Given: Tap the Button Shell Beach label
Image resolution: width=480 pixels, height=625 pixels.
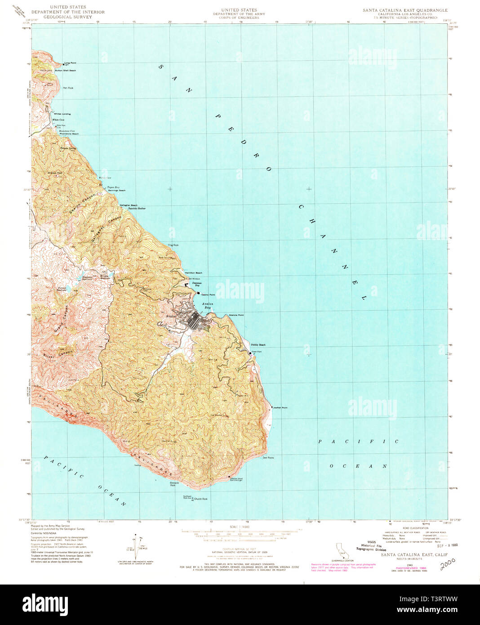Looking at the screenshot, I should coord(66,71).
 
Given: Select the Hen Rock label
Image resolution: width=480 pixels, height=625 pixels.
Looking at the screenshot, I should coord(68,88).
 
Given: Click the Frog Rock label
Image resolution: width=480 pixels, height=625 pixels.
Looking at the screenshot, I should coord(173,245).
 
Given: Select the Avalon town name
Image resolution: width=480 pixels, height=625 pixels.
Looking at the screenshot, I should coord(171,317).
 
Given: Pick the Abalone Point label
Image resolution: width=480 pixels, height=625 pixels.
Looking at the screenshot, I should coord(236,315).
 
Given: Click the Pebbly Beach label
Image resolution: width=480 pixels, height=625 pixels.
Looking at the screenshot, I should coord(258,345).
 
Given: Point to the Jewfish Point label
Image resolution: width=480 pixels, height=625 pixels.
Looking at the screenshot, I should coord(280,408).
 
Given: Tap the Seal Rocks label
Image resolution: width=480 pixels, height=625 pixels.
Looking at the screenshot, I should coord(268,458).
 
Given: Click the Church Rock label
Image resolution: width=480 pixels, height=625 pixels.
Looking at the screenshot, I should coord(201,499).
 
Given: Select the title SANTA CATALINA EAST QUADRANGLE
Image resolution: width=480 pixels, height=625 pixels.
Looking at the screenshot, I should coord(405,9).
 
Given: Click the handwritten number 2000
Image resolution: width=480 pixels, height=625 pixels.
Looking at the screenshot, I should coord(447,562).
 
